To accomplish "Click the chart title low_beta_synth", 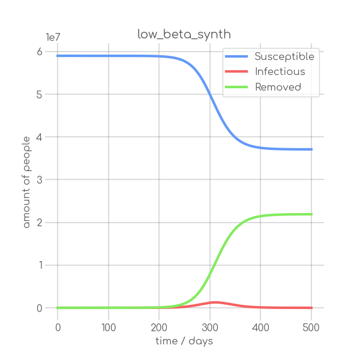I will tap(184, 35).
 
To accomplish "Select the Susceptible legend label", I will tap(284, 57).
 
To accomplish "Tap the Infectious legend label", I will tap(280, 72).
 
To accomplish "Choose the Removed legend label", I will tap(278, 87).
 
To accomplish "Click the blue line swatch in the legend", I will tap(236, 57).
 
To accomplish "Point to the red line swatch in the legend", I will tap(236, 72).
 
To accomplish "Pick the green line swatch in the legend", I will tap(236, 87).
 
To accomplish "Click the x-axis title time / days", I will tap(184, 341).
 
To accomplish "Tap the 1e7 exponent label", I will tap(53, 37).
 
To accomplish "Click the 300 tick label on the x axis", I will tap(210, 327).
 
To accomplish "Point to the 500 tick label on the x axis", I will tap(311, 327).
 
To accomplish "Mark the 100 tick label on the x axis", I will tap(109, 327).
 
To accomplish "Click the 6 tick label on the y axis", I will tap(39, 52).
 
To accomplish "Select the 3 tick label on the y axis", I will tap(39, 180).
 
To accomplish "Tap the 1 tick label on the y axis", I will tap(39, 265).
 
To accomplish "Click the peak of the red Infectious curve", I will tap(215, 302).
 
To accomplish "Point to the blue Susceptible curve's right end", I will tap(312, 149).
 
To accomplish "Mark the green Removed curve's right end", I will tap(312, 214).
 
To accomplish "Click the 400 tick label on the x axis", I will tap(260, 327).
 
